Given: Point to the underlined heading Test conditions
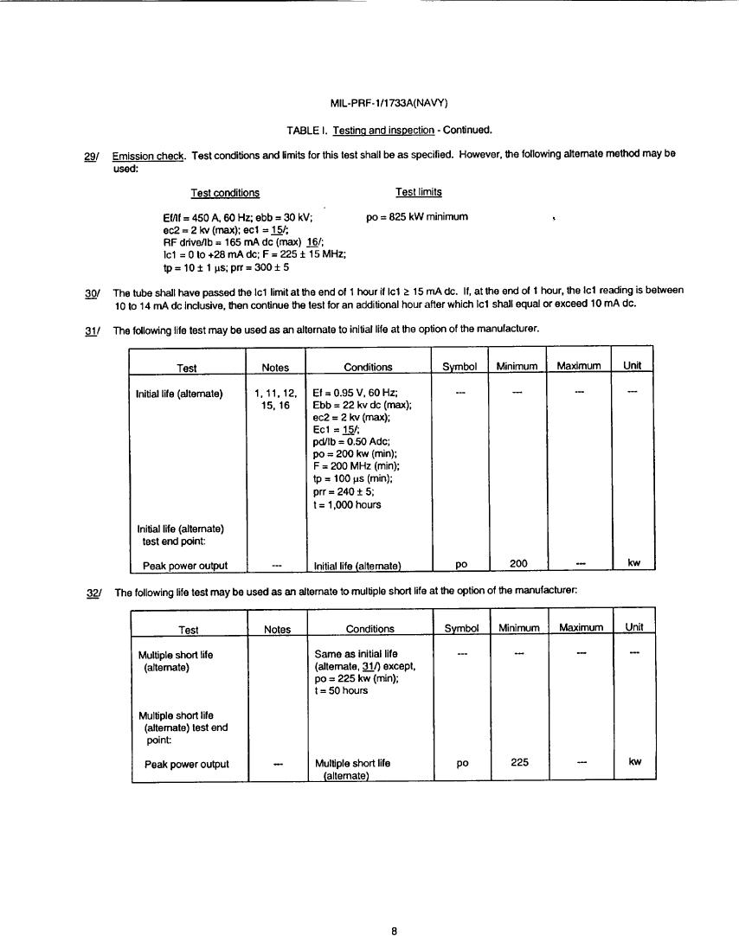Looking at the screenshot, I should click(x=224, y=193).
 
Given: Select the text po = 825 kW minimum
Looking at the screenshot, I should click(x=417, y=216).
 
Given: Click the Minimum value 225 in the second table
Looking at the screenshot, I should click(x=517, y=763).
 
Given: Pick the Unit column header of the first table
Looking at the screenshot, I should click(x=633, y=366).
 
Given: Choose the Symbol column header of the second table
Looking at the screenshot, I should click(x=460, y=628).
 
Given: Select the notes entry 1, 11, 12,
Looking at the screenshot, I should click(x=277, y=393).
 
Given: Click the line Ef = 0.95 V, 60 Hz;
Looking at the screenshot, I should click(x=354, y=393).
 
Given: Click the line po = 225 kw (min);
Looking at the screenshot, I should click(x=356, y=678).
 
